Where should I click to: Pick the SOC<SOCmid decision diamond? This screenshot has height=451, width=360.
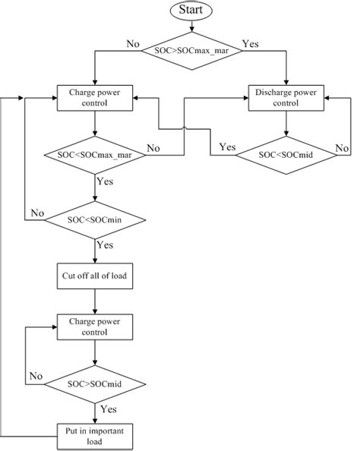[x=286, y=155]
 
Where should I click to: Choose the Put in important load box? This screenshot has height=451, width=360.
[x=95, y=435]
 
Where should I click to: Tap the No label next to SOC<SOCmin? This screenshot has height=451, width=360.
[x=37, y=212]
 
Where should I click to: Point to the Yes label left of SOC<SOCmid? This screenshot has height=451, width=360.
[x=227, y=146]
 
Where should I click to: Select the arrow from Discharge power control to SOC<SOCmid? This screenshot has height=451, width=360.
[x=286, y=125]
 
